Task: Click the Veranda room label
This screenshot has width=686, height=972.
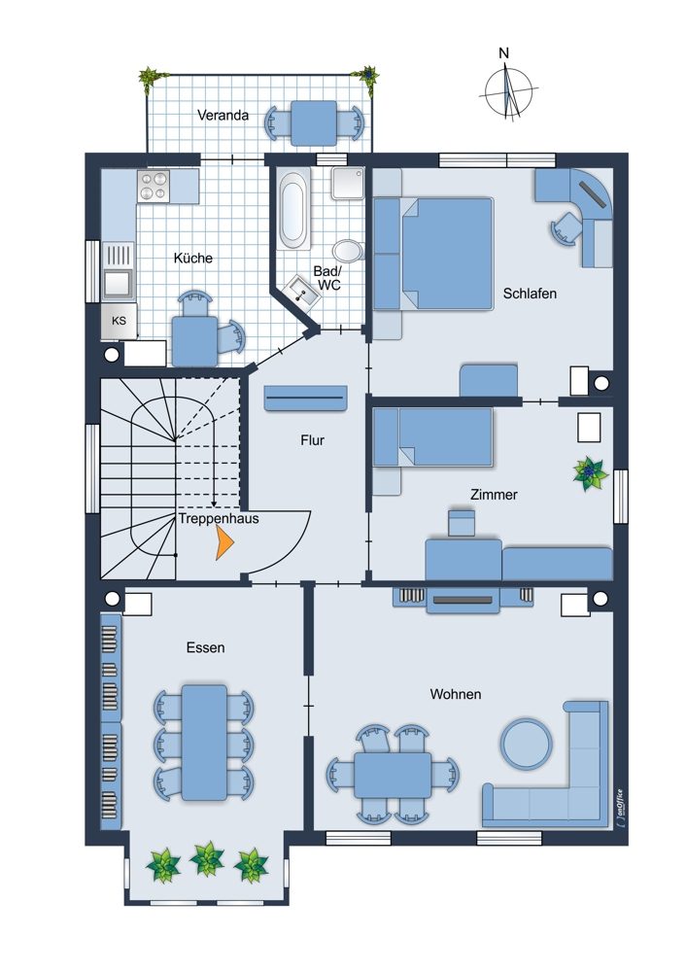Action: [223, 115]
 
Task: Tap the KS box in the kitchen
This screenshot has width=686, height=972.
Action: [119, 321]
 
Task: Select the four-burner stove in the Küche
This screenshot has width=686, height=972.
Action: [154, 186]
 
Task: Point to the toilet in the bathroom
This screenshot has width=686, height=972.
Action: [348, 251]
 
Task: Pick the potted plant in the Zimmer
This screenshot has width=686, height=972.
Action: [590, 474]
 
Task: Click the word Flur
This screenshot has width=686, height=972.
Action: [312, 440]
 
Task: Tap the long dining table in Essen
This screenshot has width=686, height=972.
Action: [204, 742]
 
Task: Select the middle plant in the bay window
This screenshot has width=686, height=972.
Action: [207, 859]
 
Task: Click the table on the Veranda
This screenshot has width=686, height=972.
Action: [314, 122]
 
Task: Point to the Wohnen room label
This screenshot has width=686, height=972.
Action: [456, 694]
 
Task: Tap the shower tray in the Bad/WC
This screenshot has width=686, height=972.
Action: [348, 183]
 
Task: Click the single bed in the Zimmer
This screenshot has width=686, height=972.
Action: [433, 437]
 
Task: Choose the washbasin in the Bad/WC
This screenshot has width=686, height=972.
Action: [303, 290]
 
